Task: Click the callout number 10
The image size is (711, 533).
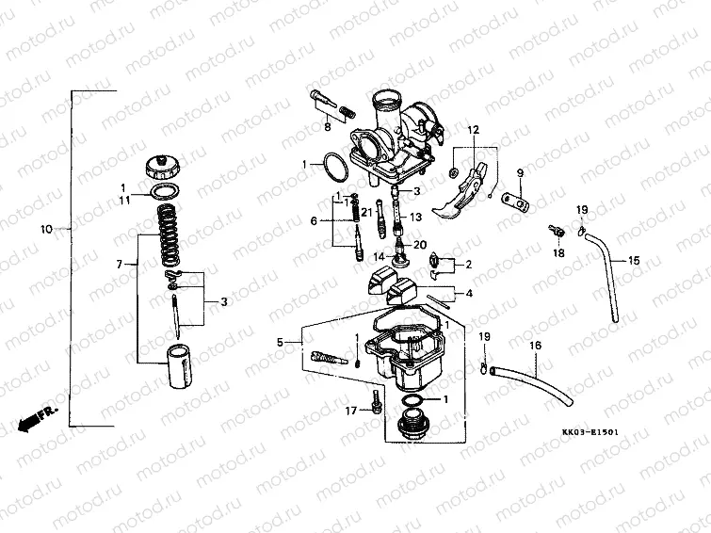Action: click(48, 229)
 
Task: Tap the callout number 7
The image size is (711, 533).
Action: click(120, 266)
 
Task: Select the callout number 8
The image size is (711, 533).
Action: click(328, 126)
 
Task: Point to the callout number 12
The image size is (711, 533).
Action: click(473, 129)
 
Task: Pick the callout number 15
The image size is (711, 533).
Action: click(634, 259)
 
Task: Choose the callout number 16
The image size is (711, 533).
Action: click(535, 346)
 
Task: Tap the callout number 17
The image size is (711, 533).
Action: click(349, 411)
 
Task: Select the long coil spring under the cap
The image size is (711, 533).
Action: click(171, 237)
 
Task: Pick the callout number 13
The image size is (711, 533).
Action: click(415, 217)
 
